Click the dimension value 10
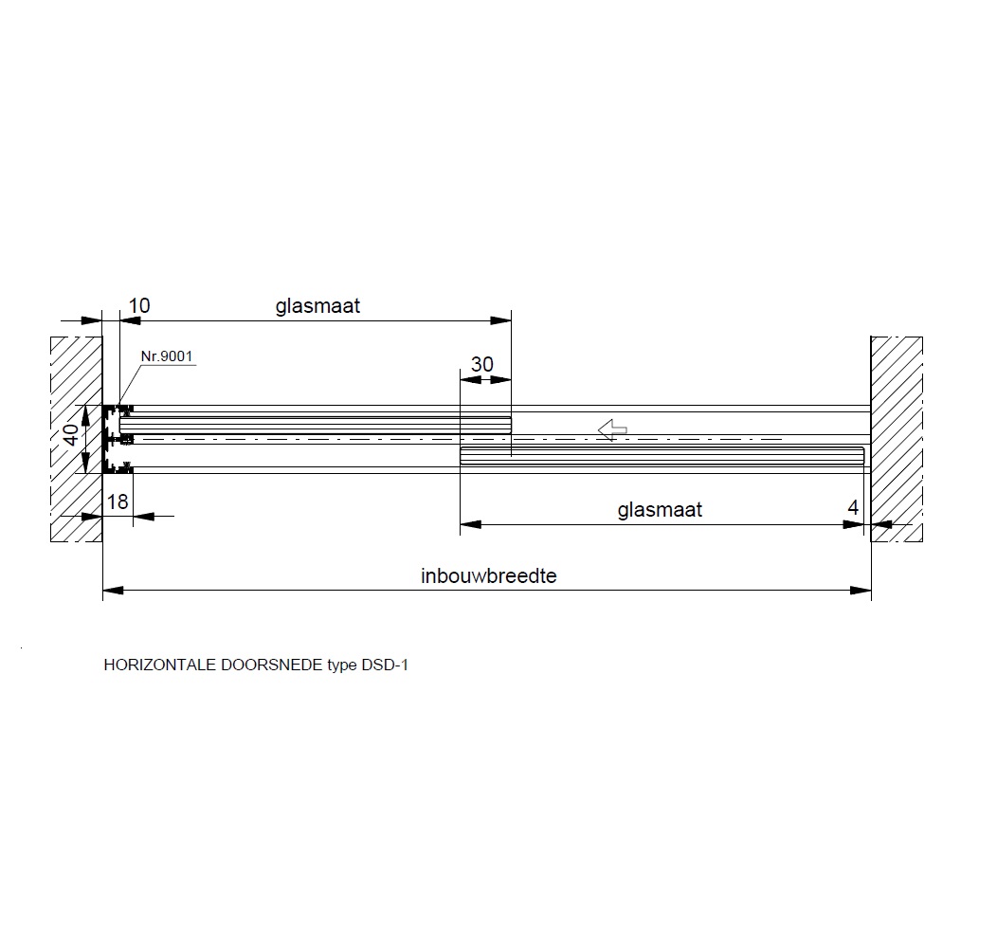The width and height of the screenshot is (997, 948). pos(139,305)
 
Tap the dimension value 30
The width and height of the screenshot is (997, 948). pos(482,365)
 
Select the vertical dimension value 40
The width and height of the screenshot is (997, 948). pos(72,434)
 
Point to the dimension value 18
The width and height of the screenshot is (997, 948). pos(118,502)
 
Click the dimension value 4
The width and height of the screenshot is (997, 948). pos(853,507)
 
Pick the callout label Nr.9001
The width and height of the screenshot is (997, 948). pos(167,355)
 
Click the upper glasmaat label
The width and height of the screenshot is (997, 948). pos(317,306)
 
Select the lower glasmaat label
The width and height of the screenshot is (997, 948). pos(660,510)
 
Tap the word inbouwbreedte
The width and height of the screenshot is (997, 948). pos(488,575)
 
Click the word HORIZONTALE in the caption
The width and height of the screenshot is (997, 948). pos(160,665)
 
